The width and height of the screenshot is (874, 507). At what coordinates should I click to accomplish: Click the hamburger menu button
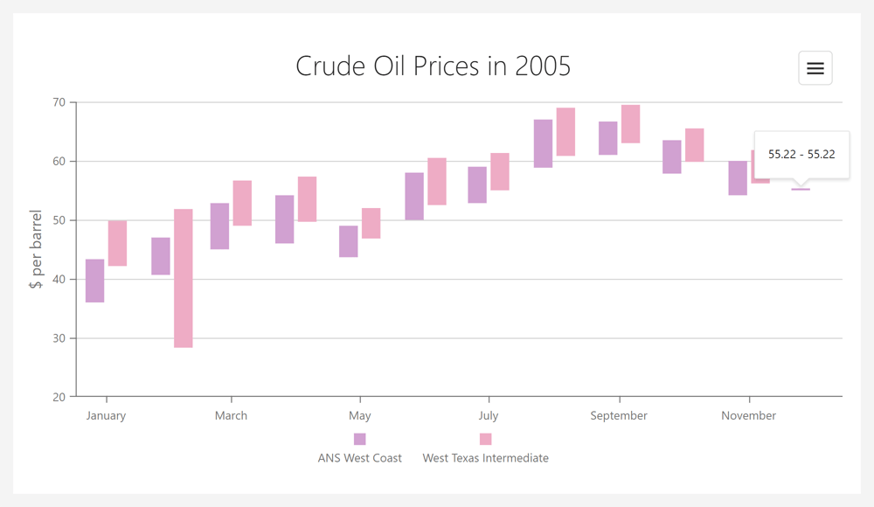[815, 68]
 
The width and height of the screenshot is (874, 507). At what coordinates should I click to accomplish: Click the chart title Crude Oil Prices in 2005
[433, 66]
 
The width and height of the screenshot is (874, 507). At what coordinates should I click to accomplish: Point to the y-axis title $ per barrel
[36, 249]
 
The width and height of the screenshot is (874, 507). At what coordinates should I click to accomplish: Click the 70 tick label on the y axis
[58, 102]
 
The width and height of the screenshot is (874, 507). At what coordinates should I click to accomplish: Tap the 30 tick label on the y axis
[58, 338]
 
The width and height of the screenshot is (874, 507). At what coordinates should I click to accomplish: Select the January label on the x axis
[106, 415]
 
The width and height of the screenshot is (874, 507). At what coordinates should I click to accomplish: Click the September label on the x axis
[619, 415]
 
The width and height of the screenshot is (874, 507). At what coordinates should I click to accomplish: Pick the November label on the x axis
[748, 415]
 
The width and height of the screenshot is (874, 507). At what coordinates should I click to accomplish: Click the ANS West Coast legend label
[360, 457]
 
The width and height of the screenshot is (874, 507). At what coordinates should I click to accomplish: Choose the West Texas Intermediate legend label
[486, 457]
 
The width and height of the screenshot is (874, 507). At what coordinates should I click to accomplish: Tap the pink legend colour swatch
[486, 439]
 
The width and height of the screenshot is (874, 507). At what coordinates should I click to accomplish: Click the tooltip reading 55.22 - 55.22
[801, 154]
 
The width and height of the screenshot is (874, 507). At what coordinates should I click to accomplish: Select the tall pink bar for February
[184, 278]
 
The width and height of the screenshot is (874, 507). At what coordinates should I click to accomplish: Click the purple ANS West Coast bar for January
[95, 281]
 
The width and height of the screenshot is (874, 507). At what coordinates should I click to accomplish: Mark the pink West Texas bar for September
[630, 123]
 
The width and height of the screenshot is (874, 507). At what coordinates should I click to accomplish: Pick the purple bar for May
[349, 241]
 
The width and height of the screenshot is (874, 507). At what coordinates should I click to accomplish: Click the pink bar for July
[500, 171]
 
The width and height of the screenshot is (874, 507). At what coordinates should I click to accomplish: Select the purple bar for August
[543, 143]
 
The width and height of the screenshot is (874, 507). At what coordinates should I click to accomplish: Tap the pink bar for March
[242, 203]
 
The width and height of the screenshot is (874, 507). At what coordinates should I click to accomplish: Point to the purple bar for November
[738, 177]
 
